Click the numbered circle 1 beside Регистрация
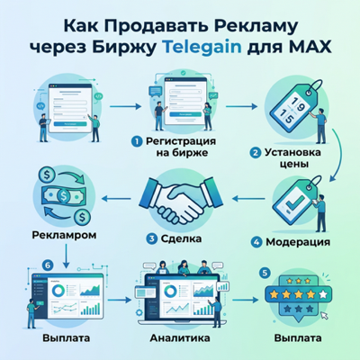(x=136, y=140)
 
